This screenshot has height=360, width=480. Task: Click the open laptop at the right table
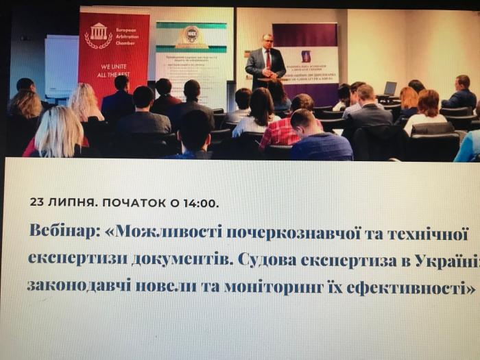[x=389, y=88]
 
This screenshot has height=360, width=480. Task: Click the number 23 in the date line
[x=38, y=203]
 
